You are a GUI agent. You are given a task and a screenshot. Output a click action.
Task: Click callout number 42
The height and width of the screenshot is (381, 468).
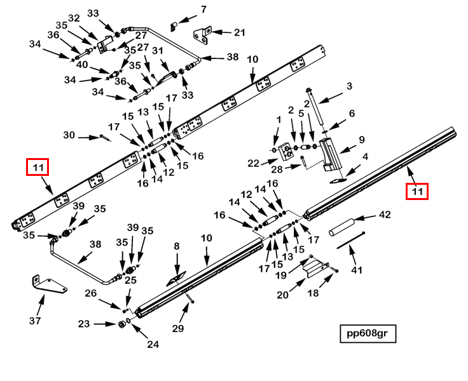[x=385, y=216]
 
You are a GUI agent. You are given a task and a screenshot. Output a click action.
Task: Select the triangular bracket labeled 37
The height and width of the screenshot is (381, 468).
[x=46, y=285]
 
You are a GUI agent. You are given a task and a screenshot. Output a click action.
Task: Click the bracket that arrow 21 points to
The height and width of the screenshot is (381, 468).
[x=202, y=35]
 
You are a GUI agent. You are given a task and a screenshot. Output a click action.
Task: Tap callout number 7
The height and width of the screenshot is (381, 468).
[x=203, y=10]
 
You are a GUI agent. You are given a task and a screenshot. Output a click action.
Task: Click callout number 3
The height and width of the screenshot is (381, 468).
[x=348, y=86]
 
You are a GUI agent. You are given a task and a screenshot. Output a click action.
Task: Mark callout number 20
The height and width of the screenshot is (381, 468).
[x=282, y=295]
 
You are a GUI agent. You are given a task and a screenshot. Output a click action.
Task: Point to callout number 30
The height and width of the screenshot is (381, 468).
[x=69, y=135]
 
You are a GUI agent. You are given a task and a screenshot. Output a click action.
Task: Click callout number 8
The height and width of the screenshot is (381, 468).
[x=177, y=246]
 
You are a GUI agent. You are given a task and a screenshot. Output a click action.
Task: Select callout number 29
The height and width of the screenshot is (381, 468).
[x=177, y=328]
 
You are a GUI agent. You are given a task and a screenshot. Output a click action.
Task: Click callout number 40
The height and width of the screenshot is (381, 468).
[x=82, y=65]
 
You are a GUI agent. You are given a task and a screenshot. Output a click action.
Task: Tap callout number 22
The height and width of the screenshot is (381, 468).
[x=254, y=163]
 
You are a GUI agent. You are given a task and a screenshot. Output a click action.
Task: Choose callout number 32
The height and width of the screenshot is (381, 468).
[x=74, y=18]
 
